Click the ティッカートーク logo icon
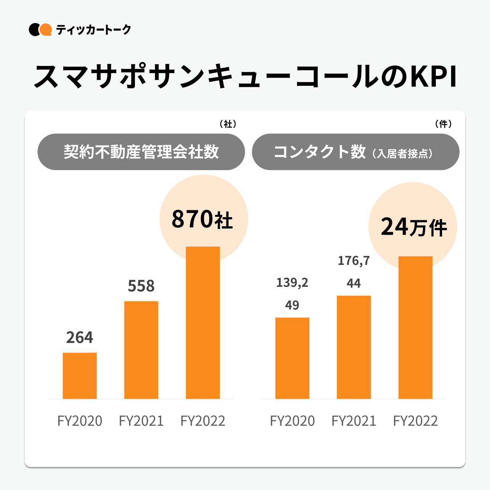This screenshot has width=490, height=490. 40,30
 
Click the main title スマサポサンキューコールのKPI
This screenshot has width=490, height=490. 245,77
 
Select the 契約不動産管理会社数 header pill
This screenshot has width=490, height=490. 141,152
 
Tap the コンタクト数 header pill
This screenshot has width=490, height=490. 355,152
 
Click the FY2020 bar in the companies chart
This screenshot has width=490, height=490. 80,376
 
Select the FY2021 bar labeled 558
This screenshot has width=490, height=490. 141,350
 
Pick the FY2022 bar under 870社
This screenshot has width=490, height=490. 203,322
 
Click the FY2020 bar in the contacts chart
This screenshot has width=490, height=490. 292,358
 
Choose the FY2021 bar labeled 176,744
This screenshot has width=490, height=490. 354,347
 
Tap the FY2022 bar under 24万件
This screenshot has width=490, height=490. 415,327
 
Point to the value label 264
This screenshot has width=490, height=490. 80,338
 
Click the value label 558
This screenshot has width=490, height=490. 141,286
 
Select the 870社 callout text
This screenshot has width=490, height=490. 202,219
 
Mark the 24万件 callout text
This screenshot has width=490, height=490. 414,227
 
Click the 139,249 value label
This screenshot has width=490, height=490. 292,293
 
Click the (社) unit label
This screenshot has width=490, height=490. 228,124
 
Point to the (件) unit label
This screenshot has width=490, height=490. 443,124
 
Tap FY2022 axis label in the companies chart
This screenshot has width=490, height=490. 203,421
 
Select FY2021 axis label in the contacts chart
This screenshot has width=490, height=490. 354,421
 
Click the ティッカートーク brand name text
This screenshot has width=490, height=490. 93,30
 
